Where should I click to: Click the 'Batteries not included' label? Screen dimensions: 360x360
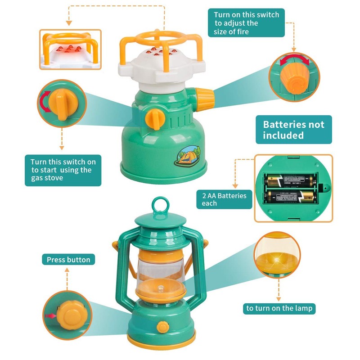pyautogui.click(x=293, y=130)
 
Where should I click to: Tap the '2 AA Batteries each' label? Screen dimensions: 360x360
pyautogui.click(x=224, y=199)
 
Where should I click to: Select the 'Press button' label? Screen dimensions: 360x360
pyautogui.click(x=68, y=260)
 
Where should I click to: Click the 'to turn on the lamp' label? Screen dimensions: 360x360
pyautogui.click(x=279, y=308)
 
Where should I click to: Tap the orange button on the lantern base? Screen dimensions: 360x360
pyautogui.click(x=162, y=327)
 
